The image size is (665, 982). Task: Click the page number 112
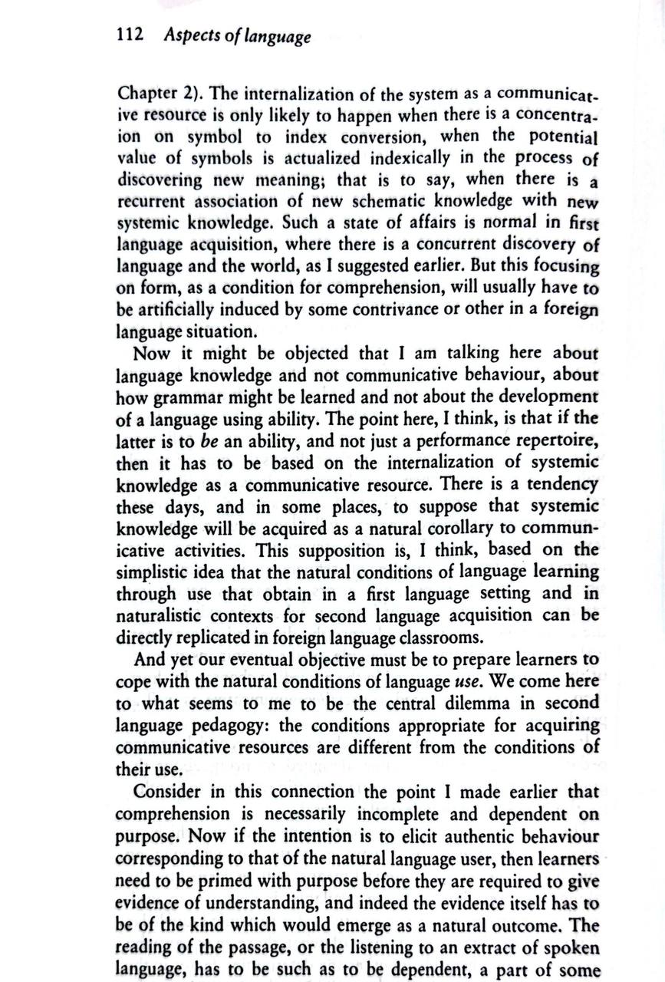(x=130, y=36)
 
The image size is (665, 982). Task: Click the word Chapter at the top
(x=148, y=94)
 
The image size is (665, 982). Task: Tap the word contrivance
(x=400, y=310)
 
